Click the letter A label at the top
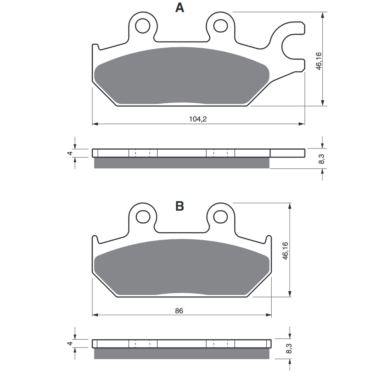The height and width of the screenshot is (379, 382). pos(179,8)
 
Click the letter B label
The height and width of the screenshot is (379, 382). pos(179,206)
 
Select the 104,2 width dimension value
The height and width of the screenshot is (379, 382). pos(197,119)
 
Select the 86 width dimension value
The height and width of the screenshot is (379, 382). pos(179,310)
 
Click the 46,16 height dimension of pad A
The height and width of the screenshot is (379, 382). pos(319,61)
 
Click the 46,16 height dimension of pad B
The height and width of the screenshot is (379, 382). pos(285,251)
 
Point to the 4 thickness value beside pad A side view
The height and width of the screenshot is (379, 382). pos(71,153)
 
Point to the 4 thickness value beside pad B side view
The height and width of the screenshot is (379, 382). pos(71,344)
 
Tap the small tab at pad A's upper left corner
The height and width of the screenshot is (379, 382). pos(95,47)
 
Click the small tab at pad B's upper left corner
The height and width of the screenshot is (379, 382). pos(95,239)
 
